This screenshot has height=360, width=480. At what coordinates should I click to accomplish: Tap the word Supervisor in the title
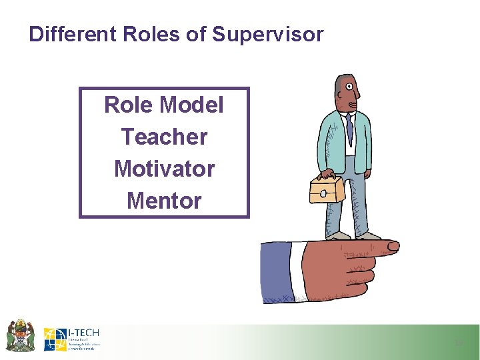(267, 34)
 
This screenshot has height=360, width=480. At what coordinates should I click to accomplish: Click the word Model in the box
(192, 105)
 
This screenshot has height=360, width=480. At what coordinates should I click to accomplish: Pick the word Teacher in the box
(164, 137)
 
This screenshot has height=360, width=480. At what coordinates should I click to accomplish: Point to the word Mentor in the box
(164, 200)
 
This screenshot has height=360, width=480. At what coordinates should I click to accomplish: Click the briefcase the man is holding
(327, 189)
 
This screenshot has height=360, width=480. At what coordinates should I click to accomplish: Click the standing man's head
(349, 93)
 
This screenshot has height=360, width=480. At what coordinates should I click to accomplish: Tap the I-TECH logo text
(83, 333)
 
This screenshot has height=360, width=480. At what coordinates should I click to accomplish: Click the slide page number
(458, 343)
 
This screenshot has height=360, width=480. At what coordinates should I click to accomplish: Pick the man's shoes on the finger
(353, 236)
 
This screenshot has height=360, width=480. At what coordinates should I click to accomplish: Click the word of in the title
(197, 34)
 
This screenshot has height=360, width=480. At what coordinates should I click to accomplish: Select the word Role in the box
(127, 105)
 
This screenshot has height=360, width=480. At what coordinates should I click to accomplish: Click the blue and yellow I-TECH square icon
(55, 339)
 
